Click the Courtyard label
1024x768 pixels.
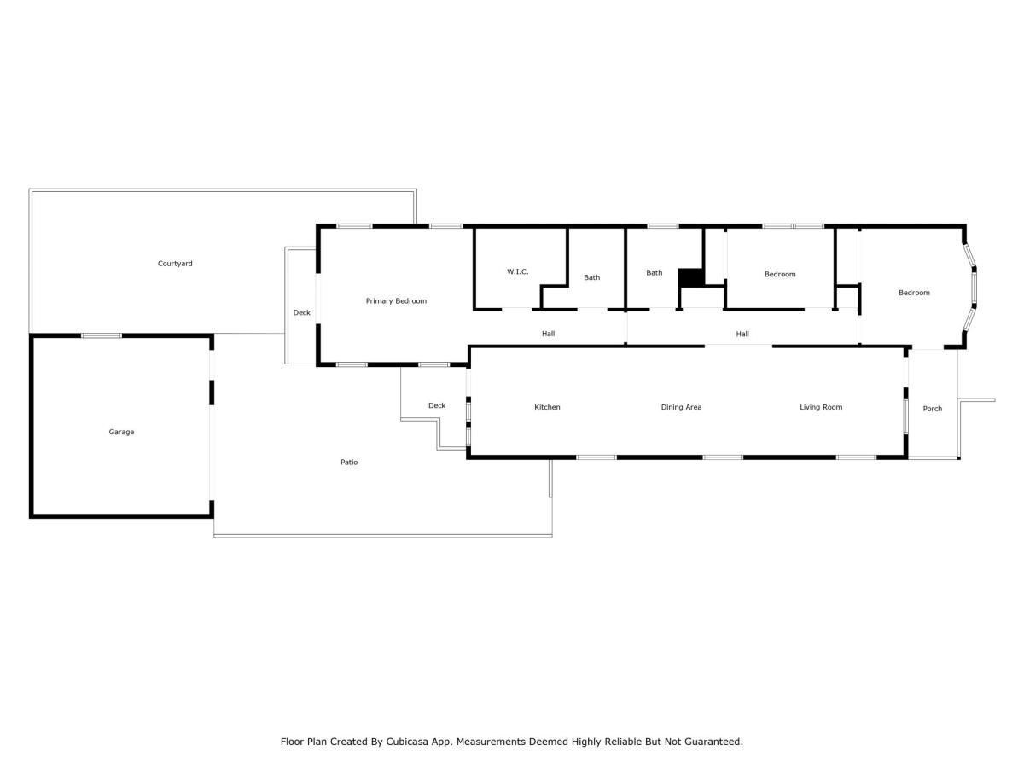175,264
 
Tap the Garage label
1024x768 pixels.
121,432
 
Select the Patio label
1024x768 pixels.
349,463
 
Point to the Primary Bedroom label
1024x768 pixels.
396,301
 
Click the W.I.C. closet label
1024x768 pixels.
517,271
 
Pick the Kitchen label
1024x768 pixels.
547,407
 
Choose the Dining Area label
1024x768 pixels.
681,407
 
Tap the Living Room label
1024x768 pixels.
820,407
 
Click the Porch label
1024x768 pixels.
933,409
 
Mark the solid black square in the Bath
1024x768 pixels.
690,277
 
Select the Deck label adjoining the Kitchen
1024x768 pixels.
437,405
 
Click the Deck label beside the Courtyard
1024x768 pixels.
302,313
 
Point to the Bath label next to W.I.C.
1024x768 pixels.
591,277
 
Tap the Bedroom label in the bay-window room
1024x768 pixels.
914,293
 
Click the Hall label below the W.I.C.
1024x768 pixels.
548,334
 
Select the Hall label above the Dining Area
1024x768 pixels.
742,334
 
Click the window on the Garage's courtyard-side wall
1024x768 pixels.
102,335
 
